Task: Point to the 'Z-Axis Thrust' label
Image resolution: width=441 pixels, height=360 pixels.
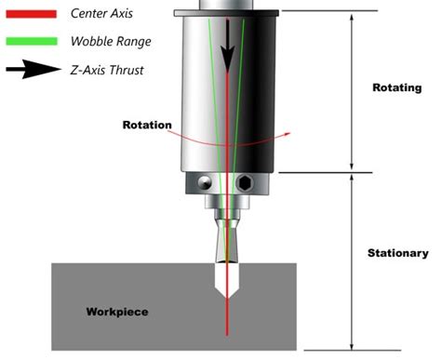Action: click(x=111, y=70)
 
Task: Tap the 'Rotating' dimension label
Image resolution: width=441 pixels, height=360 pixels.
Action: click(x=372, y=87)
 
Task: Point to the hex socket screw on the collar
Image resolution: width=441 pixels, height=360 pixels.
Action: click(x=245, y=181)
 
